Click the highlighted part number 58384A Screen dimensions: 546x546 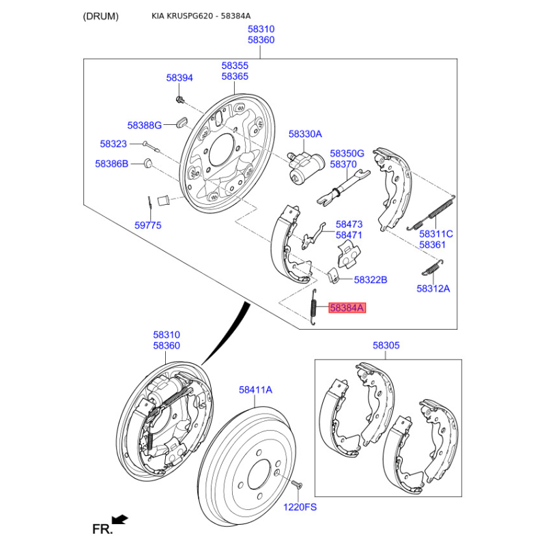click(347, 308)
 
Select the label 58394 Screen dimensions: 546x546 click(179, 78)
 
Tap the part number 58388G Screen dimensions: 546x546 click(144, 126)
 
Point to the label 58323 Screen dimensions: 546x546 click(113, 144)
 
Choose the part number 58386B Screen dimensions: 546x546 click(111, 164)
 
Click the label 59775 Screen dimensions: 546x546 click(147, 225)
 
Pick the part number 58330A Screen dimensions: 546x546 click(304, 134)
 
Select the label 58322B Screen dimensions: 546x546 click(371, 280)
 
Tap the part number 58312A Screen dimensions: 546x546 click(433, 288)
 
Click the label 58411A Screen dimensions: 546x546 click(255, 390)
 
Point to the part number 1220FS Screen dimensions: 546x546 click(300, 507)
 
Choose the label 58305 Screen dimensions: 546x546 click(386, 346)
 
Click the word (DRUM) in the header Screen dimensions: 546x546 click(100, 16)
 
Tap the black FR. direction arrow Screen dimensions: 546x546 click(120, 520)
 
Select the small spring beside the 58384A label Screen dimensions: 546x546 click(313, 307)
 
